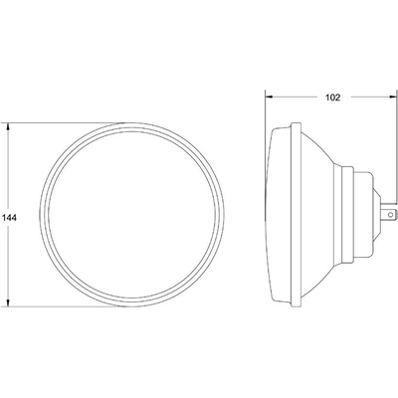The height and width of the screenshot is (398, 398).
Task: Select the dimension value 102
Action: [331, 99]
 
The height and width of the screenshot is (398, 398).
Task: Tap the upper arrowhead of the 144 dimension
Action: [9, 127]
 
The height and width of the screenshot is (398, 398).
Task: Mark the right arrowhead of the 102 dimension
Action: [389, 97]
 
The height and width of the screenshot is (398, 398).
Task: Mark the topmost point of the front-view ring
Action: [136, 123]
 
